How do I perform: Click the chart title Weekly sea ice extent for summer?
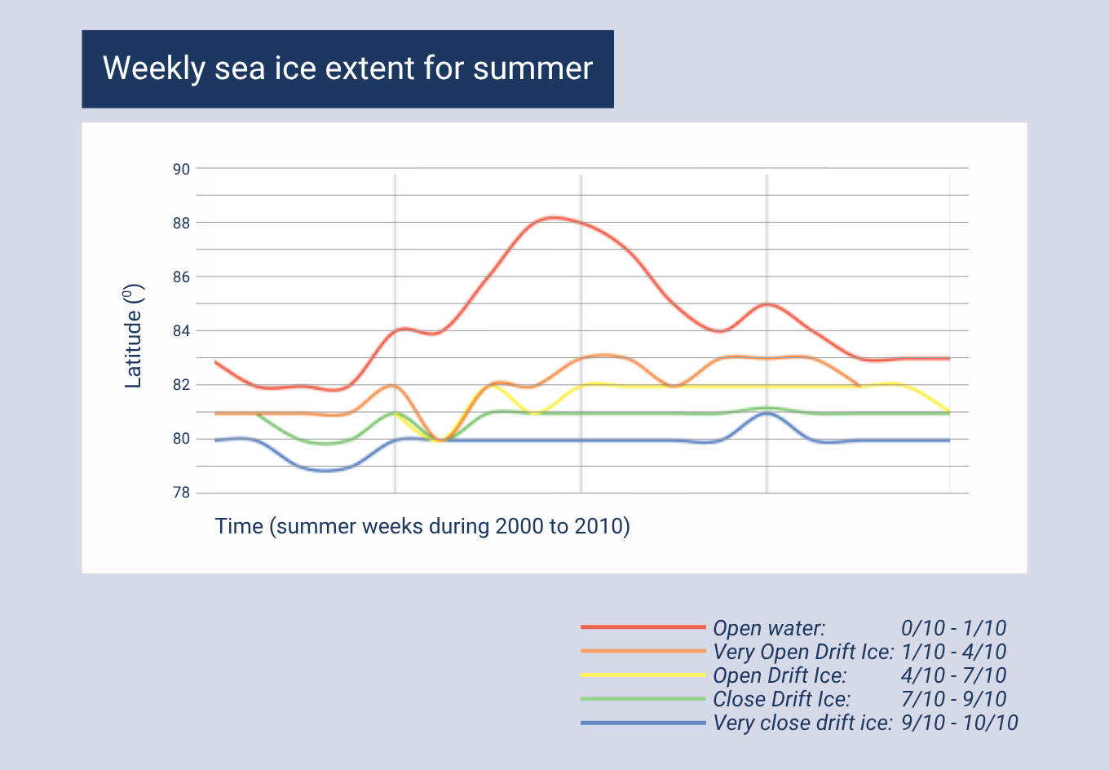[x=347, y=69]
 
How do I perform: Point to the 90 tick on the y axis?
[x=181, y=169]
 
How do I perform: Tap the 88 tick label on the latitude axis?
[x=181, y=223]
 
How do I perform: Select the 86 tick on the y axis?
[x=181, y=277]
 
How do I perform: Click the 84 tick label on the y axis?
[x=181, y=331]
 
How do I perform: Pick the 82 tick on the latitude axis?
[x=181, y=385]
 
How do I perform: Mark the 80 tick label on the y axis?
[x=181, y=439]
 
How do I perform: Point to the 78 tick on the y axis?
[x=181, y=493]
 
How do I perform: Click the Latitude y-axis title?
[x=134, y=336]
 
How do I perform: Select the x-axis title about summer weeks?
[x=422, y=526]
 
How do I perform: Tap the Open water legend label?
[x=769, y=628]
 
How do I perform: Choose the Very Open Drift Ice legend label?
[x=803, y=652]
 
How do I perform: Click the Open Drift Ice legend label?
[x=780, y=675]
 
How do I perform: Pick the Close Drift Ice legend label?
[x=781, y=699]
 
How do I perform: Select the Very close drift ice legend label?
[x=802, y=723]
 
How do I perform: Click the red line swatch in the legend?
[x=643, y=627]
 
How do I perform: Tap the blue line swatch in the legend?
[x=643, y=723]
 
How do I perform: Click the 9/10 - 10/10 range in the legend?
[x=960, y=723]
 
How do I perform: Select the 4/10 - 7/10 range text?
[x=953, y=675]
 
